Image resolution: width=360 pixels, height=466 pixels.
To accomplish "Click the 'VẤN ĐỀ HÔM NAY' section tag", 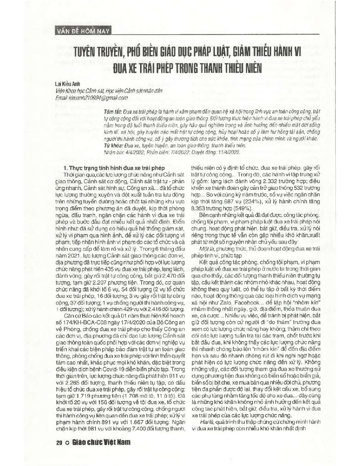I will click(83, 31).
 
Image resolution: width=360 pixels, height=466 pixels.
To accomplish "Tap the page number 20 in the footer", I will click(59, 443).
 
